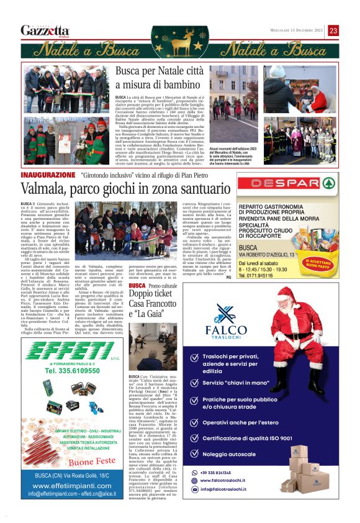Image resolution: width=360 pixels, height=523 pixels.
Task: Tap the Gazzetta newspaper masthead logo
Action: [x=45, y=30]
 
